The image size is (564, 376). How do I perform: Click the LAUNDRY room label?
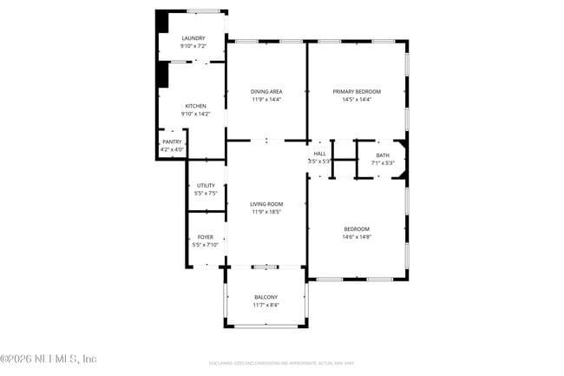pos(193,38)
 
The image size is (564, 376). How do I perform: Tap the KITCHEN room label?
pos(195,106)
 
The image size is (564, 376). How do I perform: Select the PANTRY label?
pos(172,142)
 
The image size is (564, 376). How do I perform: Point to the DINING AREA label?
pos(266,91)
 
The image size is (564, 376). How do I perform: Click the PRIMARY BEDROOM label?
pos(357,91)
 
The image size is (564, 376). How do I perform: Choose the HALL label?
pos(320,154)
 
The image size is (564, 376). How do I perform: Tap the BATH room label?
pos(383,155)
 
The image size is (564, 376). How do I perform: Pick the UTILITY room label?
pos(206,185)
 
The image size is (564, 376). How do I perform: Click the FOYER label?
pos(206,237)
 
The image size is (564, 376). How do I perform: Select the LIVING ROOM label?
pos(266,204)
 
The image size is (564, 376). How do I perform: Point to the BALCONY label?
pos(266,297)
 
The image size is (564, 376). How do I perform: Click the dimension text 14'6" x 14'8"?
pos(357,237)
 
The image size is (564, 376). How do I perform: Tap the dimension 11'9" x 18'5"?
pos(266,212)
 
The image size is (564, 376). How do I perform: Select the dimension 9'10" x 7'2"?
pos(193,46)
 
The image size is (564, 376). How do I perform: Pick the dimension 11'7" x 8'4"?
pos(266,305)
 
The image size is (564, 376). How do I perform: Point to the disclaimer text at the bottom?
pos(281,362)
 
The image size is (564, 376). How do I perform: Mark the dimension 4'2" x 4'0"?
pos(172,149)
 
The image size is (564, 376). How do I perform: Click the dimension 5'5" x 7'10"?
pos(206,245)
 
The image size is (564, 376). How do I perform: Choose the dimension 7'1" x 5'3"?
pos(383,163)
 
